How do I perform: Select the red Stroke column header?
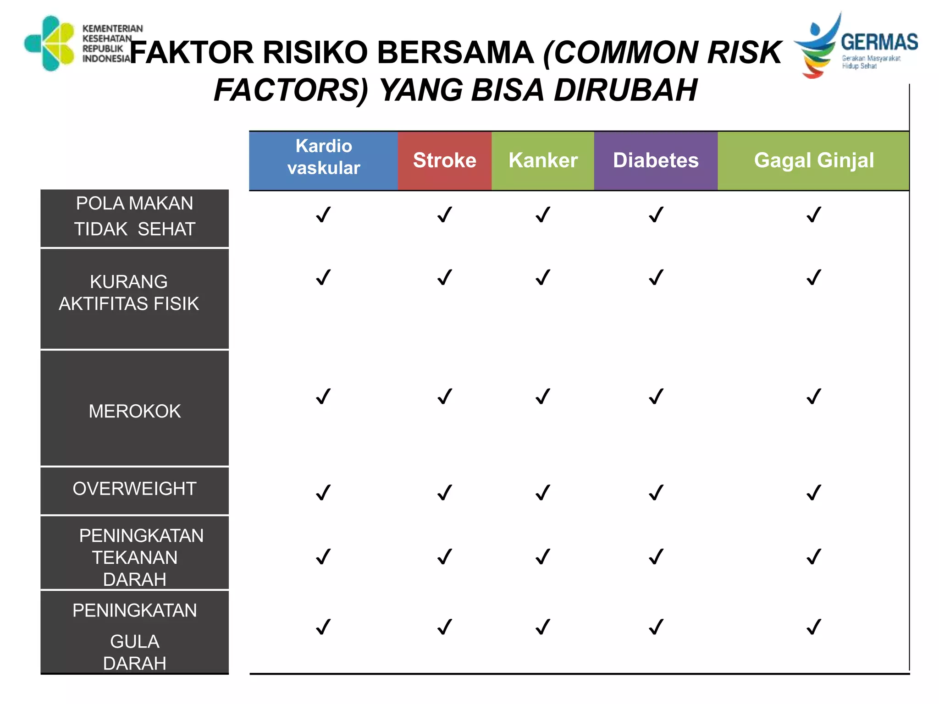[x=444, y=160]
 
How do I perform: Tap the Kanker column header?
[x=543, y=160]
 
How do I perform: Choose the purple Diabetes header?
[x=656, y=160]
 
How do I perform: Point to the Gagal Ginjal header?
[x=813, y=160]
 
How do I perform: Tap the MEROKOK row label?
[x=134, y=411]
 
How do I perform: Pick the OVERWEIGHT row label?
[x=134, y=489]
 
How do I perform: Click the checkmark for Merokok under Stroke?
[x=445, y=396]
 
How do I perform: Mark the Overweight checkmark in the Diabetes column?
[x=656, y=493]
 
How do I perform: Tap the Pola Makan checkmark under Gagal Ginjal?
[x=814, y=214]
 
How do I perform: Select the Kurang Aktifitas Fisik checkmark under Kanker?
[x=543, y=277]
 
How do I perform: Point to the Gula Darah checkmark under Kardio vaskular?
[x=323, y=627]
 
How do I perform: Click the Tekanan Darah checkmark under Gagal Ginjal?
[x=814, y=557]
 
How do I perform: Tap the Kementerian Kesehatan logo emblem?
[x=50, y=44]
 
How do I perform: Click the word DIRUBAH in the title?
[x=626, y=90]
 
